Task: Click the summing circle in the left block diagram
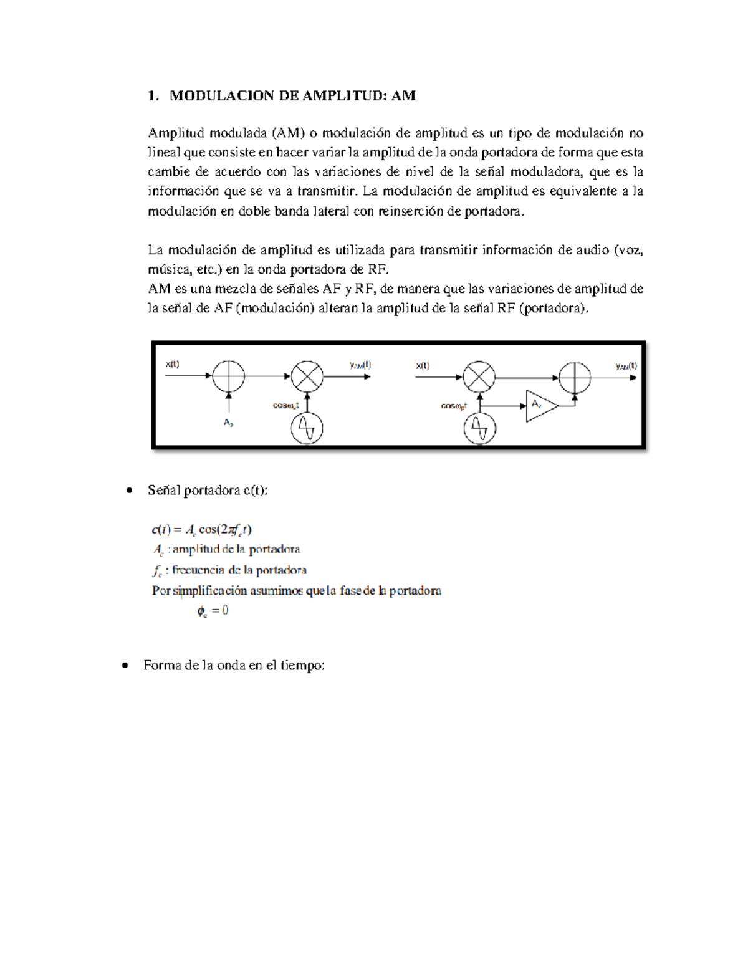tap(229, 376)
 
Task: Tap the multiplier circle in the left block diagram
tap(307, 376)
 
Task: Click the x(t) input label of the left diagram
tap(173, 365)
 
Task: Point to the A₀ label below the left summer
tap(228, 423)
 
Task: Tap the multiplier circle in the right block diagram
tap(479, 377)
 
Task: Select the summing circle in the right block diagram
tap(574, 378)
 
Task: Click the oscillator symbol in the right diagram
tap(479, 429)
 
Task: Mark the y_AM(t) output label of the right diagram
tap(626, 366)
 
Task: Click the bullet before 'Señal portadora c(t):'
tap(129, 491)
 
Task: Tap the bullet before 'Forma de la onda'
tap(125, 666)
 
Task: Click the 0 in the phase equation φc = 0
tap(225, 611)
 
